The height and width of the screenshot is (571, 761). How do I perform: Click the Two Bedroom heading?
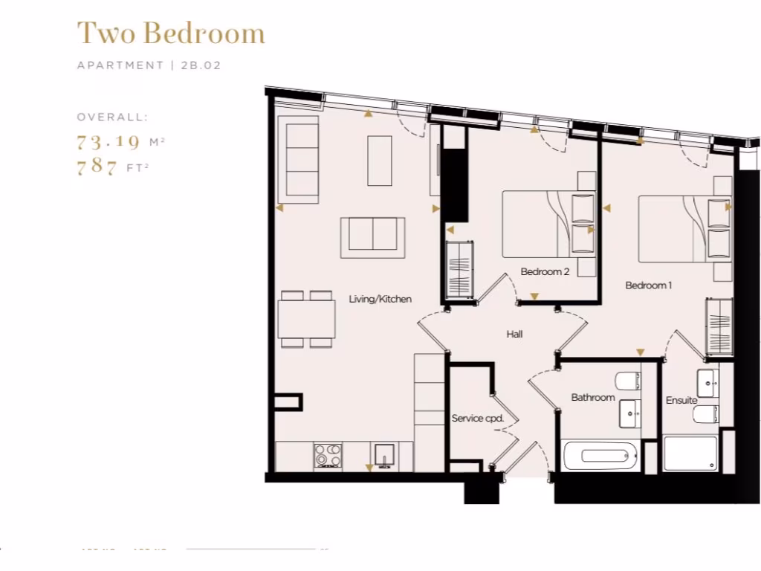(x=171, y=33)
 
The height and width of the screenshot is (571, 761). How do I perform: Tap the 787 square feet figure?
(x=97, y=167)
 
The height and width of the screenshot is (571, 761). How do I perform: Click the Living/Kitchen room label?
(x=380, y=299)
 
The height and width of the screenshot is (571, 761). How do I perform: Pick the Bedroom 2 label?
(x=545, y=271)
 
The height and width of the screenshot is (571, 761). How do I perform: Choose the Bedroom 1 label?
(x=648, y=285)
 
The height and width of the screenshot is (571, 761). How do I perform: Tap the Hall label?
(x=514, y=334)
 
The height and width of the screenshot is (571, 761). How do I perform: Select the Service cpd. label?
(x=477, y=418)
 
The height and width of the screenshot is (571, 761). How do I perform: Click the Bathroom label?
(x=592, y=397)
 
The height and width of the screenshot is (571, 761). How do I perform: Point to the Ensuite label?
(x=681, y=400)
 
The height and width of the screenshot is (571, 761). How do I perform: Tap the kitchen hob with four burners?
(x=327, y=455)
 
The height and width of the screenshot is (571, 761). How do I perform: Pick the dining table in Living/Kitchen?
(x=306, y=319)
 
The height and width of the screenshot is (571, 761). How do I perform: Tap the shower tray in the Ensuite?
(x=690, y=454)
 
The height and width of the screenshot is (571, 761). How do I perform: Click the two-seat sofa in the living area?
(x=372, y=237)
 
